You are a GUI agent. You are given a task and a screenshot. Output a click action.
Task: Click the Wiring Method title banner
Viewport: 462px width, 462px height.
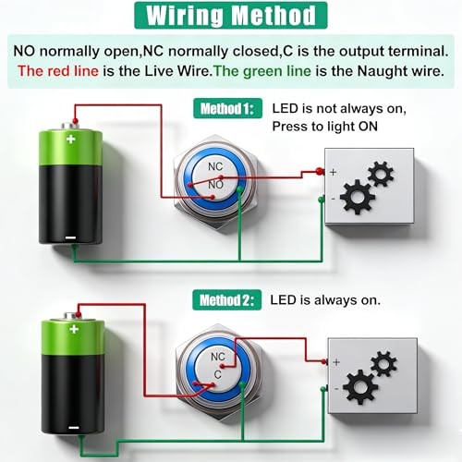click(231, 16)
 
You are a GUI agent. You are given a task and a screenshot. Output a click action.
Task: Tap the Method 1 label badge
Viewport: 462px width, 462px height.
click(227, 108)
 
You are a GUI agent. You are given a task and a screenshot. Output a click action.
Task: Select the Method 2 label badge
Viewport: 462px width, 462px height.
click(227, 300)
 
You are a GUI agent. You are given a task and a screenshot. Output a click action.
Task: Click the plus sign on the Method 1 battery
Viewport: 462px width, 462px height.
click(71, 139)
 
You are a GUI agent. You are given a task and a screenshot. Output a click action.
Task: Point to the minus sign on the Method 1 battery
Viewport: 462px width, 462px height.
click(71, 237)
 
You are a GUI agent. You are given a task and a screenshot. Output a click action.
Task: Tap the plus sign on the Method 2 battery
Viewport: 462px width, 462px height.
click(74, 329)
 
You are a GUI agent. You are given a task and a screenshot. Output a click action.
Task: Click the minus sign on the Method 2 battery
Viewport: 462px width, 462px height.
click(74, 428)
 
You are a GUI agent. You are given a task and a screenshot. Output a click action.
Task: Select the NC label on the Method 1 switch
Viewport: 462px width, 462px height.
click(215, 166)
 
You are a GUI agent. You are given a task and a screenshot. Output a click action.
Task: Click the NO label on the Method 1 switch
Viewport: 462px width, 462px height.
click(216, 185)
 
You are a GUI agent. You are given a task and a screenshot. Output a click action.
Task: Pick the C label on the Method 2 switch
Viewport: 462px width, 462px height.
click(218, 374)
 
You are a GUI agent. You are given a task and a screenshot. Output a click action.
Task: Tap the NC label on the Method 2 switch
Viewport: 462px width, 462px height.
click(218, 357)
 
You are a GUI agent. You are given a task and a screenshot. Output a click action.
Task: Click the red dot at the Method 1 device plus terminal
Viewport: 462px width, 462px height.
click(320, 171)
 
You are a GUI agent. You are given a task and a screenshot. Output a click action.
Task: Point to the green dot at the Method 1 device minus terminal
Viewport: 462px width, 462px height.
click(321, 200)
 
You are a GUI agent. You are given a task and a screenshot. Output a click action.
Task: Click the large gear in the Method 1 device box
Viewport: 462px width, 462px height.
click(358, 197)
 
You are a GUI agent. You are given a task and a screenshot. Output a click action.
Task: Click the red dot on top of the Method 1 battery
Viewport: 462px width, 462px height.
click(75, 121)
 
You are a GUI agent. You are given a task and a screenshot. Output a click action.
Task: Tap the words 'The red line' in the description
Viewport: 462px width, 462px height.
click(58, 71)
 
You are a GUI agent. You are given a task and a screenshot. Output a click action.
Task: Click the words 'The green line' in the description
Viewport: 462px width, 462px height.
click(262, 71)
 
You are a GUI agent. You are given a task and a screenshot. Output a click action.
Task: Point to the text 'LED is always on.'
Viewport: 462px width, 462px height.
click(325, 299)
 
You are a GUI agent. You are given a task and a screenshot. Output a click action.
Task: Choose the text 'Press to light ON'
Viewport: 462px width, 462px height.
click(325, 127)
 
